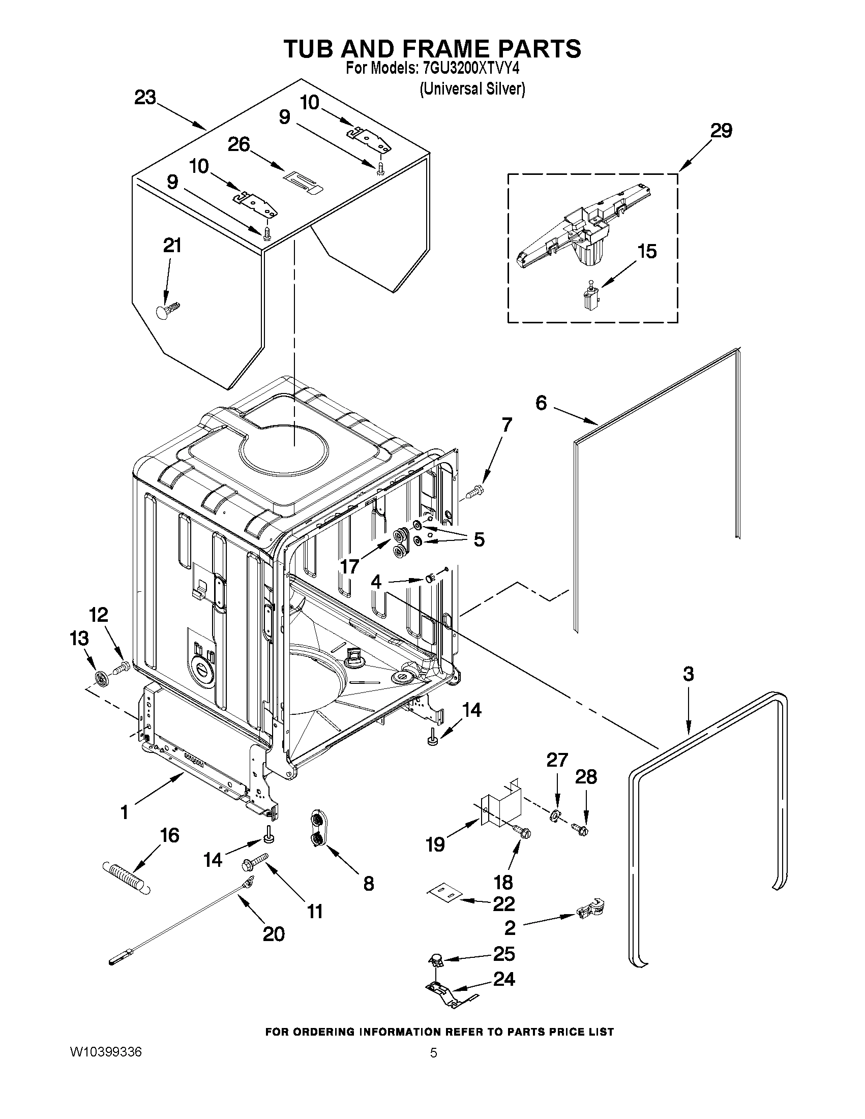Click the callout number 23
point(145,97)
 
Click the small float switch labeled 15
point(591,294)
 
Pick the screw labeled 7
point(476,492)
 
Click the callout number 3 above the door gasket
point(688,674)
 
